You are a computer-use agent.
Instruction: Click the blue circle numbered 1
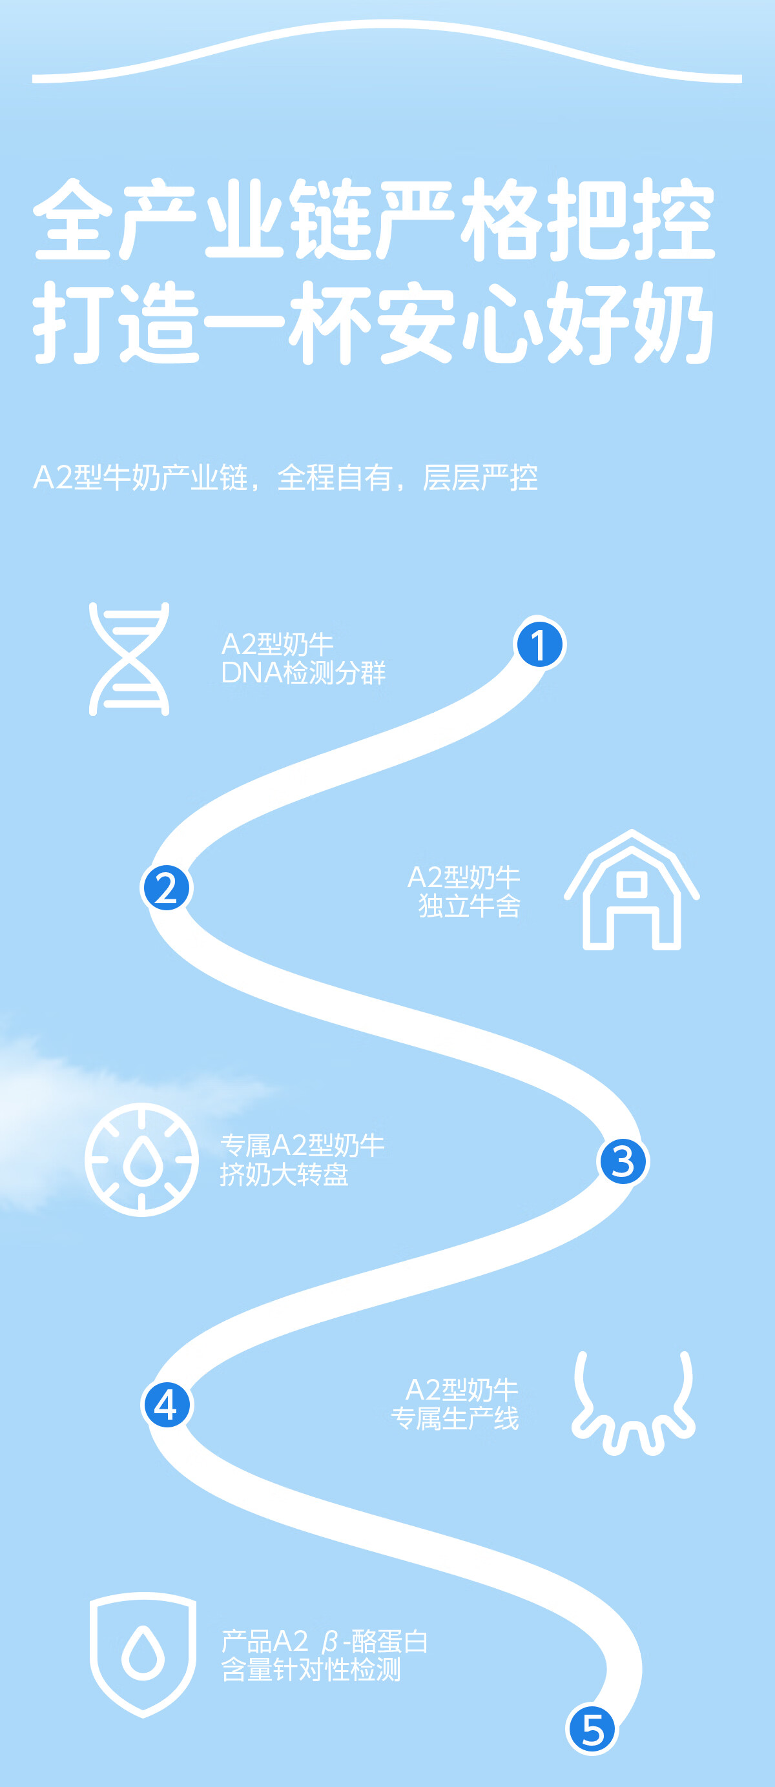[x=539, y=644]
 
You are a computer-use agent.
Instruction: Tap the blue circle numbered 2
[x=167, y=888]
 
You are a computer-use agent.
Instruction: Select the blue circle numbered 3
[x=623, y=1161]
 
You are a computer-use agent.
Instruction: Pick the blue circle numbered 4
[x=167, y=1405]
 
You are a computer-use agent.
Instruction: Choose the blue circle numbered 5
[x=592, y=1729]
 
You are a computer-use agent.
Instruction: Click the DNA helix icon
[x=129, y=659]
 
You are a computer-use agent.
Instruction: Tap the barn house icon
[x=632, y=891]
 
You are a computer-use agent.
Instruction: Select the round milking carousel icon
[x=141, y=1159]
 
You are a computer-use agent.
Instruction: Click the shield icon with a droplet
[x=143, y=1654]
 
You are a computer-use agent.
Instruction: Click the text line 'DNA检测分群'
[x=303, y=673]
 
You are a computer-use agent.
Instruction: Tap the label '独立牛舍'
[x=469, y=906]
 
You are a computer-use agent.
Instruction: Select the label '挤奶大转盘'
[x=284, y=1174]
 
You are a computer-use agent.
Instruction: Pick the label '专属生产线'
[x=455, y=1418]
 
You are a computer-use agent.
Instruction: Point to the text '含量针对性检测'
[x=311, y=1669]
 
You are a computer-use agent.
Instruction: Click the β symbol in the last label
[x=329, y=1642]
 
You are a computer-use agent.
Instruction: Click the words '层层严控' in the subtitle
[x=480, y=477]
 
